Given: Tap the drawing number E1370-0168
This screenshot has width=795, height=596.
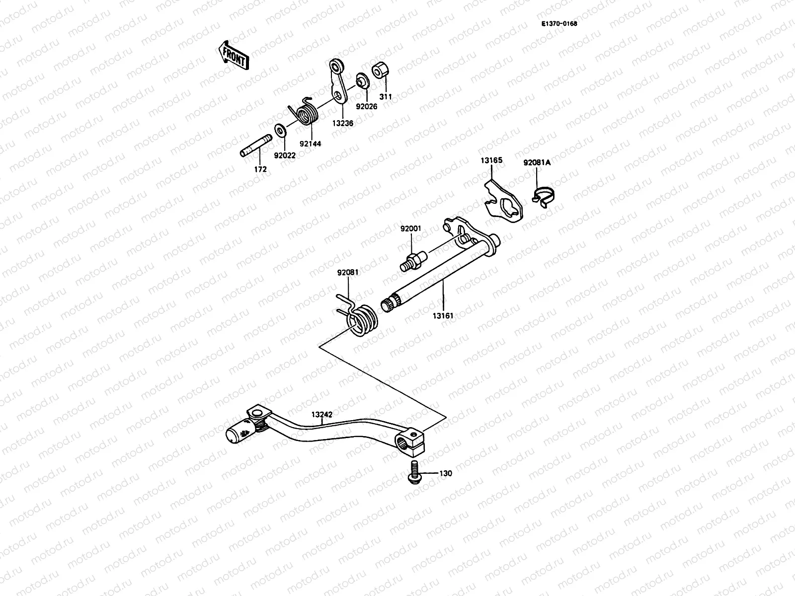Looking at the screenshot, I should coord(559,23).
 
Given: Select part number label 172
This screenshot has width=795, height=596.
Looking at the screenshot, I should coord(260,169).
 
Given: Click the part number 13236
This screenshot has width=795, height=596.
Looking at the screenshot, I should coord(343,123).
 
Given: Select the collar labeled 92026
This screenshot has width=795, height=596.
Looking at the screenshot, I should coord(362,81).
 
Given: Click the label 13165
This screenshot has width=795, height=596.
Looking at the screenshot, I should coord(491,160).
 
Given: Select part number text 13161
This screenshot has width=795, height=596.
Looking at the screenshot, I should coord(443,315).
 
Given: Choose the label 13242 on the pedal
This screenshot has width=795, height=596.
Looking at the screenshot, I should coord(322,414).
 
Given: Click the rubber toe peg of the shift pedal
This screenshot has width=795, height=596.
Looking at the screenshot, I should coord(238,433).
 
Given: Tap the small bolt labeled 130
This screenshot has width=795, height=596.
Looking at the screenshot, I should coord(412,471).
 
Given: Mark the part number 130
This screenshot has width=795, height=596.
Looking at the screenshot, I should coord(446,473).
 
